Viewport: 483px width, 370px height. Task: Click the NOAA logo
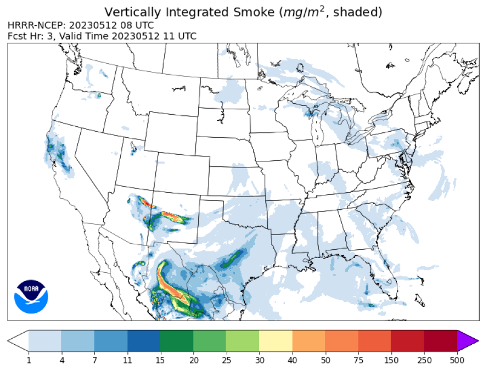[x=31, y=297]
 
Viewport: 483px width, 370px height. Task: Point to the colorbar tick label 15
[x=160, y=360]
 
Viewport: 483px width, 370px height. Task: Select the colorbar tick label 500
[x=457, y=360]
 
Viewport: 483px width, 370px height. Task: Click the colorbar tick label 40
[x=293, y=360]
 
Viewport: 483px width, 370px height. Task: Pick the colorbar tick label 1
[x=29, y=360]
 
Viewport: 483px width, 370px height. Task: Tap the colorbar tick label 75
[x=358, y=360]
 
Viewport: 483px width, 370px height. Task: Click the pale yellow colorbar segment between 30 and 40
[x=276, y=340]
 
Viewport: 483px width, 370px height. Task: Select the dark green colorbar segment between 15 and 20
[x=177, y=340]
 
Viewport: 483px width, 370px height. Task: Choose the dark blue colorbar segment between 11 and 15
[x=144, y=340]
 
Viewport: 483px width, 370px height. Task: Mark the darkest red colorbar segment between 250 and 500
[x=441, y=340]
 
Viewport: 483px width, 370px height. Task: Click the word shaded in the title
[x=360, y=12]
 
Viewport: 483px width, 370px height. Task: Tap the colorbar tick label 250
[x=424, y=360]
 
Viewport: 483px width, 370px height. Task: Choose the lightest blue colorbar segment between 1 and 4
[x=45, y=340]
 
